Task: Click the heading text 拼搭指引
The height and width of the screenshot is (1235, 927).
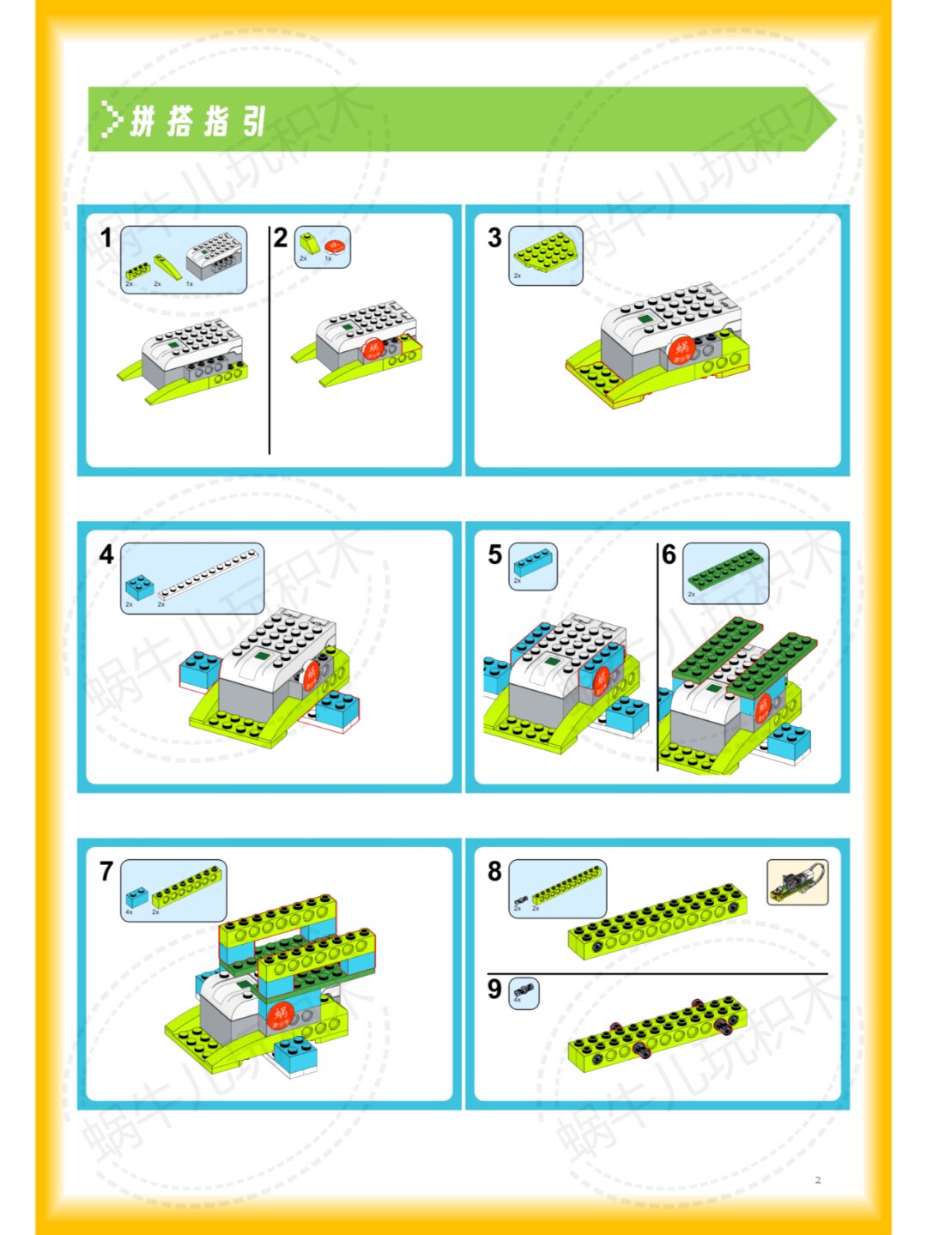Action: pos(198,121)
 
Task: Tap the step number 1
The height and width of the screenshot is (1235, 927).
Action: pos(106,238)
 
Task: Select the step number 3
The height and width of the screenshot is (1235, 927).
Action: pos(494,238)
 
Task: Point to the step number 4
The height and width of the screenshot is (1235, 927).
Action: pos(106,554)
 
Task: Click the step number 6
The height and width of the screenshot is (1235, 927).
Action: pos(669,554)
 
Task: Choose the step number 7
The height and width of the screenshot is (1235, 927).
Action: pos(106,871)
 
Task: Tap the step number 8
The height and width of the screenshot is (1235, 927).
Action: pos(494,871)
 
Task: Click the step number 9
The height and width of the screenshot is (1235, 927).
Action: pos(494,989)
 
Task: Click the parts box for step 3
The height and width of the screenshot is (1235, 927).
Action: pos(546,255)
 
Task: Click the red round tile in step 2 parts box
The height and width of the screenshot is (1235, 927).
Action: pos(335,247)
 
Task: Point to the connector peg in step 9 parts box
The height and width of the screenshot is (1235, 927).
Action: pos(524,993)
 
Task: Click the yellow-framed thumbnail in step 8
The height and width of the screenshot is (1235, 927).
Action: pos(797,882)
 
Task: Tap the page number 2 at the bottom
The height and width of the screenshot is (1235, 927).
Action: pos(818,1180)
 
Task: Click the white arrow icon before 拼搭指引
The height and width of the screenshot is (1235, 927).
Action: pos(111,120)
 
